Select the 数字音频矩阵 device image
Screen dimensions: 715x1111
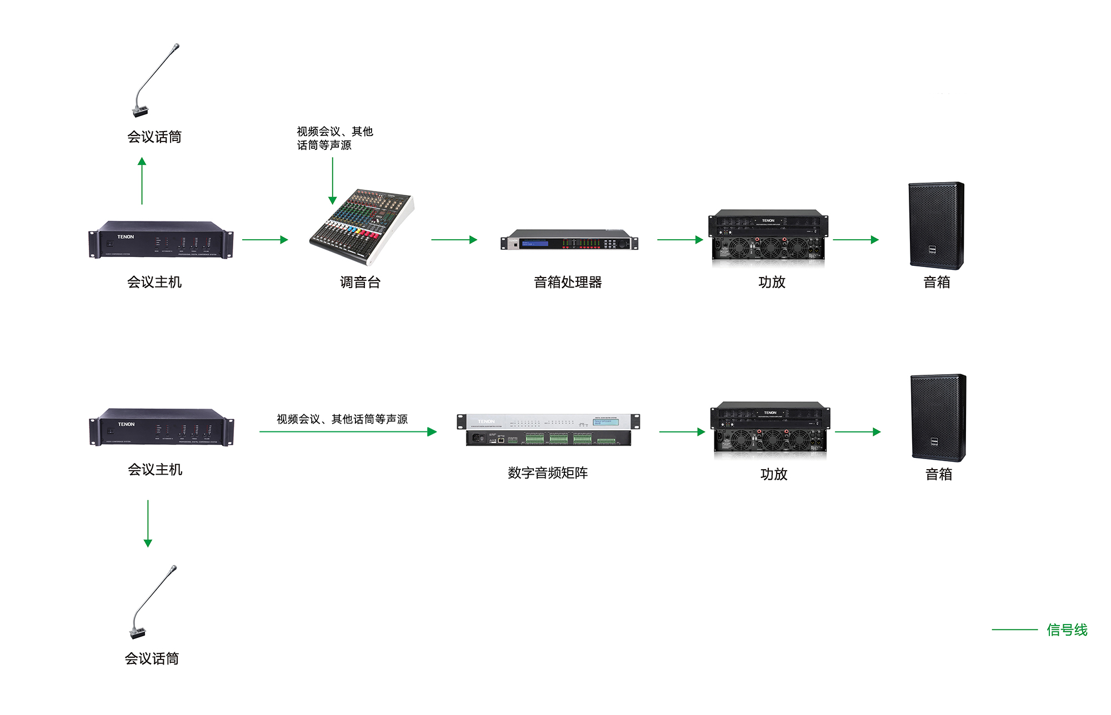[x=548, y=430]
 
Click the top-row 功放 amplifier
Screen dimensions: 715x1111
[x=768, y=235]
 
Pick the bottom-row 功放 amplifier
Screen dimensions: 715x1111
[x=770, y=429]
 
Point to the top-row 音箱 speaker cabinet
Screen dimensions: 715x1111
[x=937, y=225]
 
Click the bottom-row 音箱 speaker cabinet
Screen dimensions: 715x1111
[x=938, y=417]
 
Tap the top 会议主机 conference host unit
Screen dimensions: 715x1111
[x=161, y=240]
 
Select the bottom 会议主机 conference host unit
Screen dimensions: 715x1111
[x=161, y=427]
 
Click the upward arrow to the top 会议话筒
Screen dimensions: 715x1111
[x=142, y=181]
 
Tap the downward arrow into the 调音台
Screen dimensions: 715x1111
[x=333, y=181]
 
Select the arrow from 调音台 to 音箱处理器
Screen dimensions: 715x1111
[x=454, y=240]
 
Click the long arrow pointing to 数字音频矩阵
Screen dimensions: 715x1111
[x=348, y=432]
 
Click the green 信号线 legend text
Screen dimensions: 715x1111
[x=1067, y=630]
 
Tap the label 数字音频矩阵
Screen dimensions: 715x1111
[x=548, y=473]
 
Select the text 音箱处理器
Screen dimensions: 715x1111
[x=568, y=282]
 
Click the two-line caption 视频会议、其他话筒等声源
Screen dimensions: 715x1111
[x=334, y=138]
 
